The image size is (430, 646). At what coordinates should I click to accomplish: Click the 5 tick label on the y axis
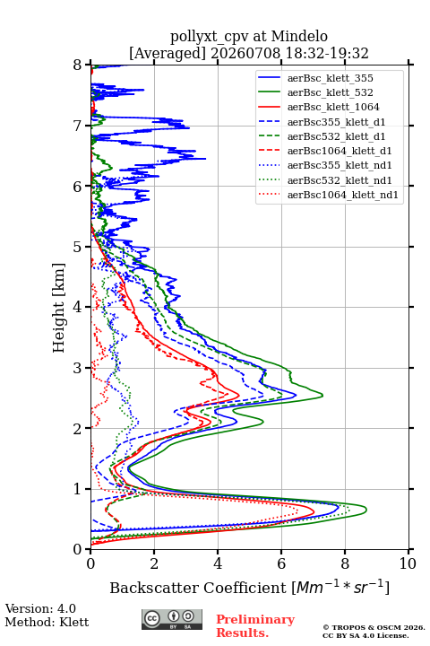point(78,248)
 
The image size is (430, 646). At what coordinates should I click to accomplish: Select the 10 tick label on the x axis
point(408,563)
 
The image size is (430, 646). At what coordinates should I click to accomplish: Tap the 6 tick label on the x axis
point(281,563)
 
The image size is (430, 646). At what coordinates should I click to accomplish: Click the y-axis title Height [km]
point(59,308)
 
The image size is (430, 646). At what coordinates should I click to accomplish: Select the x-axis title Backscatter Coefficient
point(198,588)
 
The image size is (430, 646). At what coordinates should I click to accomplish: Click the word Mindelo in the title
point(299,36)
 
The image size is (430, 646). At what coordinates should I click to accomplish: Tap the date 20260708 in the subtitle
point(245,53)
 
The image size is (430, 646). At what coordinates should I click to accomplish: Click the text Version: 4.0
point(40,608)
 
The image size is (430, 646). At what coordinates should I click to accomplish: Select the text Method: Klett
point(47,622)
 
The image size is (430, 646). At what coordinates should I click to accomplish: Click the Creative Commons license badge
point(172,619)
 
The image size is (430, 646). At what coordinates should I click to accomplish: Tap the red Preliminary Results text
point(255,626)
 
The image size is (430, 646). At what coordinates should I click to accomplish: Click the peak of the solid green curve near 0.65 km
point(366,510)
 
